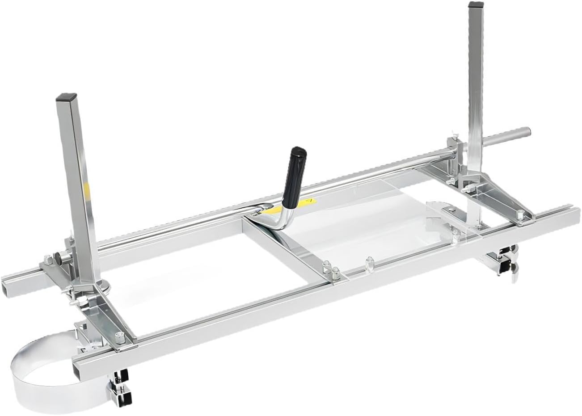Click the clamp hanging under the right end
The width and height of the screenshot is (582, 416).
[x=505, y=264]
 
